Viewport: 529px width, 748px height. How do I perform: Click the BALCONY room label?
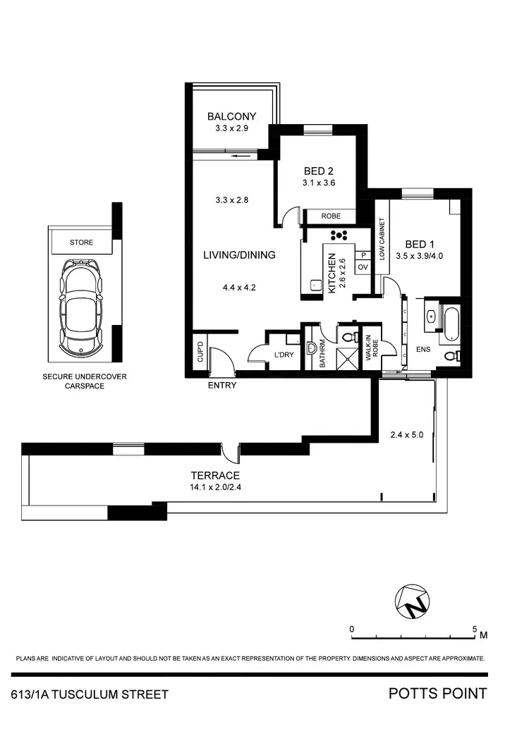[x=231, y=117]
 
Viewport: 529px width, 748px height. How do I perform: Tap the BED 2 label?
[x=319, y=171]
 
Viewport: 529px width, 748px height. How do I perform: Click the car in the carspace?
[x=81, y=307]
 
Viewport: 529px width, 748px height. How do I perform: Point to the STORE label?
[x=81, y=243]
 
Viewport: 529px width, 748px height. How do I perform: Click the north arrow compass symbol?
[x=413, y=601]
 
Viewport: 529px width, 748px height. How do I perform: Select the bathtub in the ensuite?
[x=449, y=321]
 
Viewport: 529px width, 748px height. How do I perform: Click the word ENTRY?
[x=222, y=386]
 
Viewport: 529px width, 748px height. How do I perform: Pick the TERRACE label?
[x=219, y=475]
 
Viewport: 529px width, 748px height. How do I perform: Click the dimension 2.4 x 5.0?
[x=407, y=435]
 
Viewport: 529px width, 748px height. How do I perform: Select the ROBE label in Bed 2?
[x=331, y=216]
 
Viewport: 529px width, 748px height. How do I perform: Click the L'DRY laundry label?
[x=284, y=355]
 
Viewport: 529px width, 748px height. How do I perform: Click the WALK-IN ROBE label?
[x=371, y=348]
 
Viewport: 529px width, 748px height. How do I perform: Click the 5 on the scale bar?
[x=475, y=627]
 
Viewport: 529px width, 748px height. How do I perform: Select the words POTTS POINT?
[x=437, y=693]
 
